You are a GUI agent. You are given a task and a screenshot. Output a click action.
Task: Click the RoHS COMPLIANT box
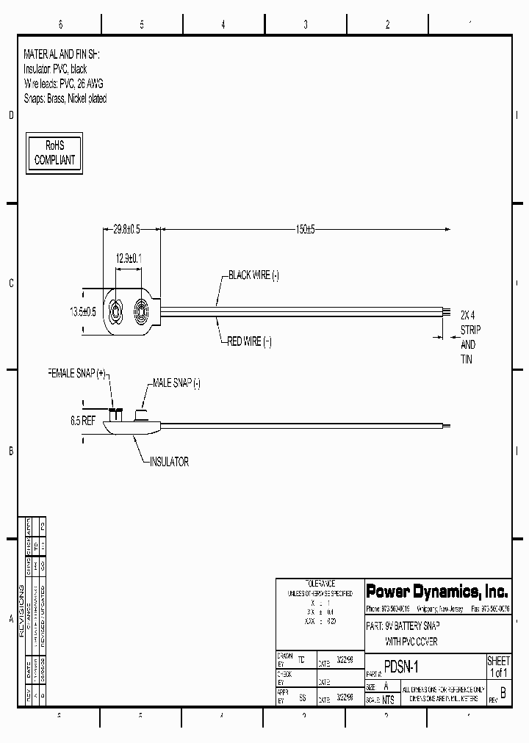point(55,153)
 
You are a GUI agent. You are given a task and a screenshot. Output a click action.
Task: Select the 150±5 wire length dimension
point(305,230)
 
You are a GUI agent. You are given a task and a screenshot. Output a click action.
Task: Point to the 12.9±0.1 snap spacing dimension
point(129,258)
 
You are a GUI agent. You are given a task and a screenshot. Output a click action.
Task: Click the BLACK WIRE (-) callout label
point(253,275)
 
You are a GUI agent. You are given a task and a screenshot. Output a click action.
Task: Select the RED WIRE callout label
point(249,342)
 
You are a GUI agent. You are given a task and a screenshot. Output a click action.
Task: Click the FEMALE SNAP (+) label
point(76,373)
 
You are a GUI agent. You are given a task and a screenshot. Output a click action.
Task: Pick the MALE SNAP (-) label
point(176,383)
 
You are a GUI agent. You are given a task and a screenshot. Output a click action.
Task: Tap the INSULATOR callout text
point(169,462)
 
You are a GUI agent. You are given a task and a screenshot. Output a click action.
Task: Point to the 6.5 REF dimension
point(83,422)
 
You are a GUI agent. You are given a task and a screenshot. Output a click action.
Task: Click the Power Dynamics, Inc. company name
point(437,591)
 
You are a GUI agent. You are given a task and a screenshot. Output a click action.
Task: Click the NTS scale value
point(388,700)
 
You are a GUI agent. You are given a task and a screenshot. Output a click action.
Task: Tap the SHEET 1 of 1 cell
point(498,667)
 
